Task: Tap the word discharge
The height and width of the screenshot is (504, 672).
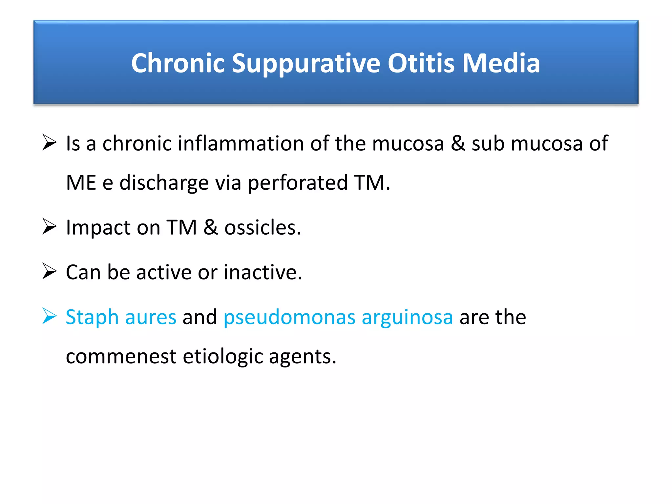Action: [164, 183]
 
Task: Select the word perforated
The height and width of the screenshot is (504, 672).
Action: [297, 183]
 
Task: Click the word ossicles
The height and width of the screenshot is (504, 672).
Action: [262, 227]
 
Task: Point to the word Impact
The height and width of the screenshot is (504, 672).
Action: [98, 227]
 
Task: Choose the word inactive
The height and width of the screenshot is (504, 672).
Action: [262, 272]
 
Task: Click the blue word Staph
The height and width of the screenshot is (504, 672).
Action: [92, 317]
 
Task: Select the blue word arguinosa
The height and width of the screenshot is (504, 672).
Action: [407, 317]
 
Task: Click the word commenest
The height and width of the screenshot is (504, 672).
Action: [121, 356]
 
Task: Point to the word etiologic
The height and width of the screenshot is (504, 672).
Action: [223, 356]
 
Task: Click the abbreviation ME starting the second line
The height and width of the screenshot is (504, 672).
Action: [81, 183]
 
